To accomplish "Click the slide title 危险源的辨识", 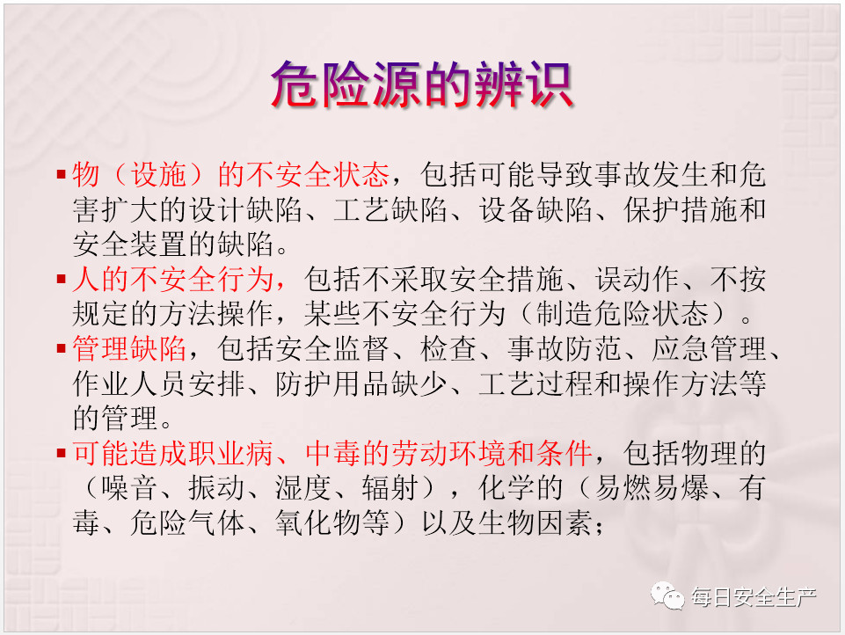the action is coord(421,84).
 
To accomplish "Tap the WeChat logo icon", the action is coord(667,595).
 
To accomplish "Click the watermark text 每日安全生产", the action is coord(754,596).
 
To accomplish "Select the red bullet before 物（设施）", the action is coord(61,174).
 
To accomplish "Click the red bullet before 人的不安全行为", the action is coord(61,279).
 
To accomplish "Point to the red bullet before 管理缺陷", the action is coord(61,348).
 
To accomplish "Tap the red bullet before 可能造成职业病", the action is coord(61,453).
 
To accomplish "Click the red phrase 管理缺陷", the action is coord(129,348).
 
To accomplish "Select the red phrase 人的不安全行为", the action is coord(173,279).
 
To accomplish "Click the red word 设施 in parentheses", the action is coord(158,174).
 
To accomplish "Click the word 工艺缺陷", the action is coord(390,209).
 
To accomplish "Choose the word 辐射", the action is coord(390,488).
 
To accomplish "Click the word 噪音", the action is coord(129,488).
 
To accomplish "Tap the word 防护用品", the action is coord(332,383).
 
